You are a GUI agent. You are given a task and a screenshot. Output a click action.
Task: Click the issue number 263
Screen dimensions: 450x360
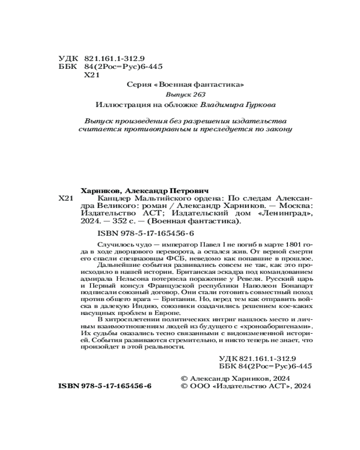198,94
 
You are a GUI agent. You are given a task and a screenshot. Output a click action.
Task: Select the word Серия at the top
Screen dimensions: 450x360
138,84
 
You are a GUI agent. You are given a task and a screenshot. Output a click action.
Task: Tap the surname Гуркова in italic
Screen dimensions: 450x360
260,104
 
